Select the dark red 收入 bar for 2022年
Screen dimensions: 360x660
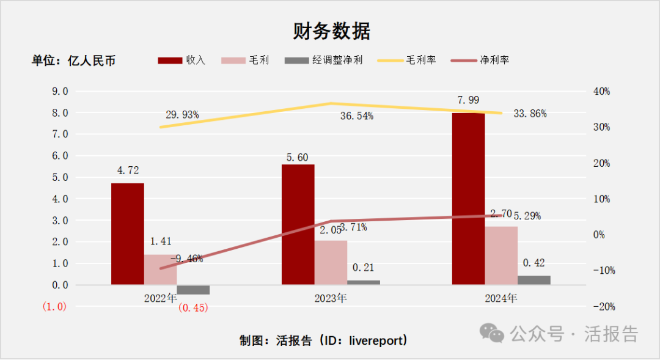(128, 233)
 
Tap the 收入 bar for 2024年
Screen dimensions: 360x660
(468, 199)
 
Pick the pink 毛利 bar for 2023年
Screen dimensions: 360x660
(331, 262)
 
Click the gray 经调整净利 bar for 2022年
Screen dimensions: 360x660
(193, 290)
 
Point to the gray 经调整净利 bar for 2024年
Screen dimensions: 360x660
(533, 280)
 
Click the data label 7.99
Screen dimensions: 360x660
(468, 100)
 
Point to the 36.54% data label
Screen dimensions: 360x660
(356, 116)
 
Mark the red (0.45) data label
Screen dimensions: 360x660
(193, 307)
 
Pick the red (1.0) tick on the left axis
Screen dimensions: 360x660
(54, 307)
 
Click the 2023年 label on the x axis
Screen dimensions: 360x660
(331, 299)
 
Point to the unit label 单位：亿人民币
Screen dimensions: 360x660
(73, 61)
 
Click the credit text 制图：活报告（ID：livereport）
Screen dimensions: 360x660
(323, 340)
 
